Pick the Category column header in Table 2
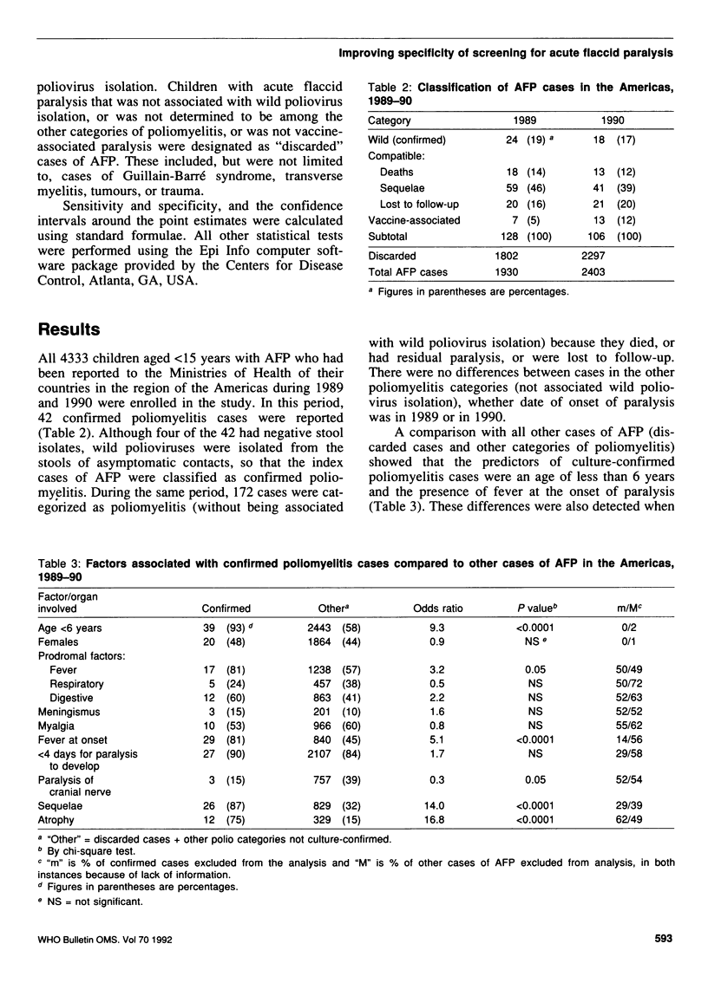point(390,120)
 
